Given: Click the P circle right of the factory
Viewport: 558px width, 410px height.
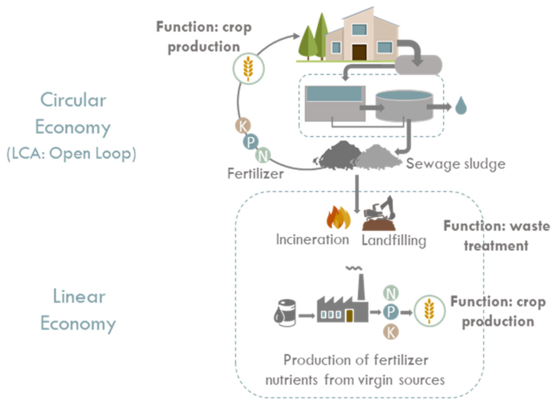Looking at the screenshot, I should (390, 311).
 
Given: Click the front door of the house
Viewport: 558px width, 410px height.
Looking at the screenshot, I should (359, 52).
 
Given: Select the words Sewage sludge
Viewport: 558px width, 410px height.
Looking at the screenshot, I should (455, 164).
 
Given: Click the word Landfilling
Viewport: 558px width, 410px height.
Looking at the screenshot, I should (394, 240).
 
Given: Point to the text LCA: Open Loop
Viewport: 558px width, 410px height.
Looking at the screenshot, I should (72, 154).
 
